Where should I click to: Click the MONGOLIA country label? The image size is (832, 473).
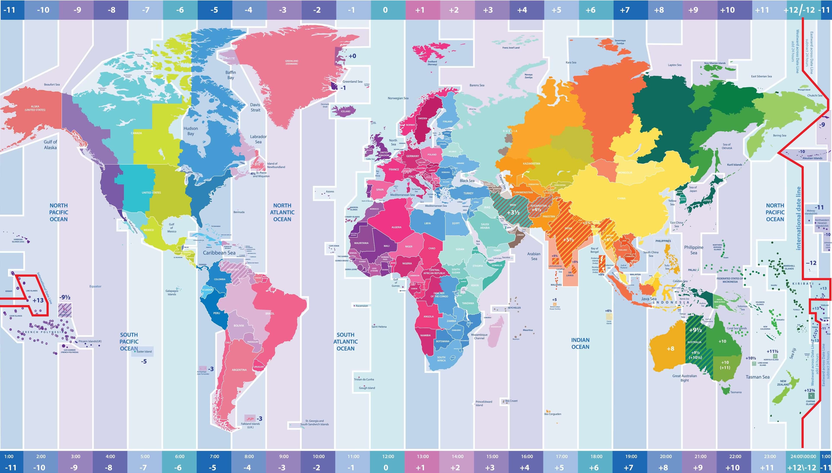pos(625,172)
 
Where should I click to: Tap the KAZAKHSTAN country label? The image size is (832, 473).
pos(531,163)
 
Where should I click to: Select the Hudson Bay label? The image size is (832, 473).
pos(191,131)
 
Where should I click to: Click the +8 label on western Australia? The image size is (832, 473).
pos(670,349)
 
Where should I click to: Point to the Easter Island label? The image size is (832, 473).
pos(144,351)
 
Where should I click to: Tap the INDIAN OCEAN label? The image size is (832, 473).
pos(580,343)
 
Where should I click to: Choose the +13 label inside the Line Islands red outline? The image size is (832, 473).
pos(38,300)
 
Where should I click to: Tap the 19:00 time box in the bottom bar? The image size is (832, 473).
pos(631,456)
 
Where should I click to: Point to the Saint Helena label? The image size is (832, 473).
pos(379,327)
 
